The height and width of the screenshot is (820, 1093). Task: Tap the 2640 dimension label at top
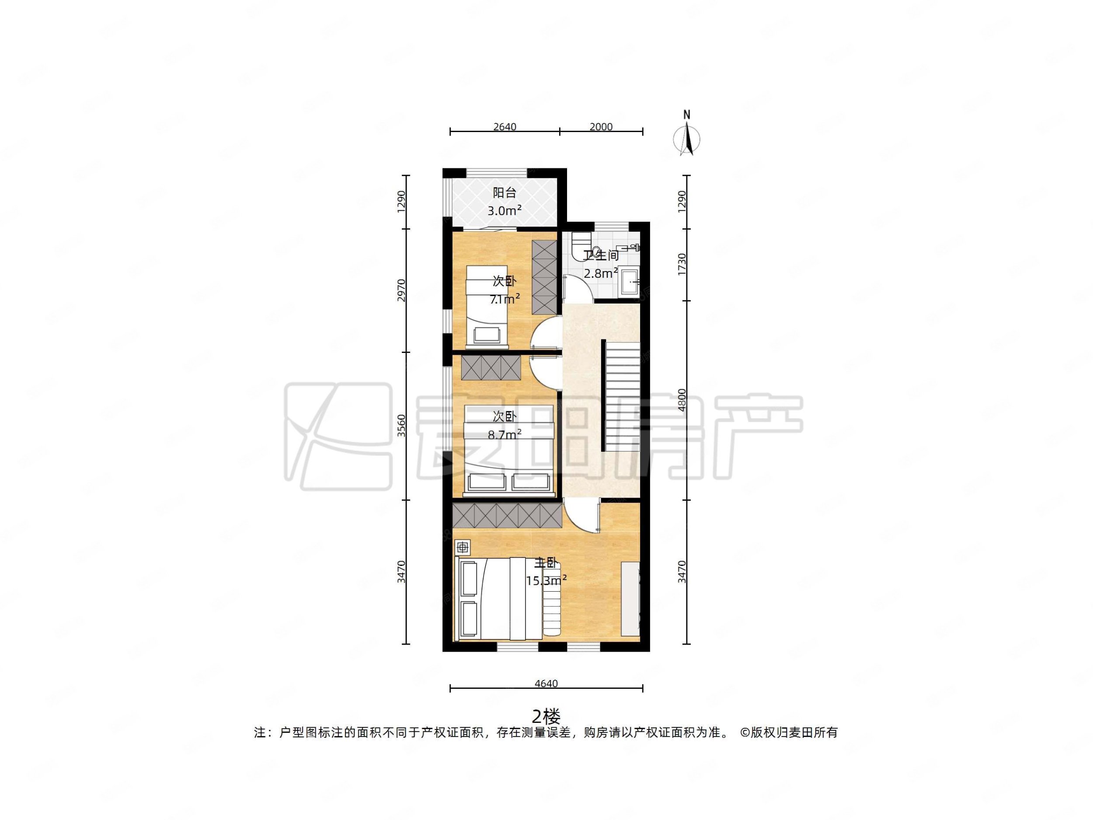[505, 127]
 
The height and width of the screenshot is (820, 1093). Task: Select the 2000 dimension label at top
[601, 127]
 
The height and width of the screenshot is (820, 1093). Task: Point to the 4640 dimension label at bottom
[546, 684]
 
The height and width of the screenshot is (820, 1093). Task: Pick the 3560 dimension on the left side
[402, 426]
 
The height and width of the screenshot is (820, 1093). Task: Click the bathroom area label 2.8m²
[601, 273]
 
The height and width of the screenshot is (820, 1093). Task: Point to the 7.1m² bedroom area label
[505, 299]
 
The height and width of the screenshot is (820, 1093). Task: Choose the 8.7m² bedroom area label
[505, 434]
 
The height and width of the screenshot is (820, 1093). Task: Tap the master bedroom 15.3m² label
[546, 580]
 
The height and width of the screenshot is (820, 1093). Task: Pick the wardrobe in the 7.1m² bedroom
[544, 277]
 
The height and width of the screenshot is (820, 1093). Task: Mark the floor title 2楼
[546, 715]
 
